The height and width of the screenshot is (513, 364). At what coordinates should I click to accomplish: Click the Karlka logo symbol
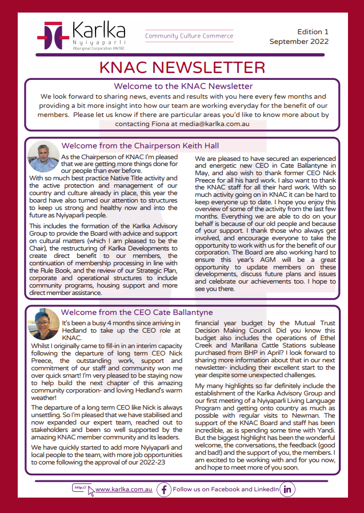53,35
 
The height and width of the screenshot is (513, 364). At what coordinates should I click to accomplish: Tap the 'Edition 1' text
313,32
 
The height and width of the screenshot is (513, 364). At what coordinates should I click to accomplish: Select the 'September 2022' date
299,42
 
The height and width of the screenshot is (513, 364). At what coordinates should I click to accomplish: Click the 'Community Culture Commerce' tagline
189,36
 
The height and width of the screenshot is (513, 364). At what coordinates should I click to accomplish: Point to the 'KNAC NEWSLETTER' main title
182,68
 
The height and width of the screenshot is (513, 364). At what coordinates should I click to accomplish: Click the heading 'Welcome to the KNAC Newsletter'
183,86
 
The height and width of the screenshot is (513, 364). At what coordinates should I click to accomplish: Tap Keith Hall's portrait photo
43,156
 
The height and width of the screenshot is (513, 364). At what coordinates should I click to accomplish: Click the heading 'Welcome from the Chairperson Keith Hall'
140,146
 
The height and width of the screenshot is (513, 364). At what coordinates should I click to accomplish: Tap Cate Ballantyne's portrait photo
43,324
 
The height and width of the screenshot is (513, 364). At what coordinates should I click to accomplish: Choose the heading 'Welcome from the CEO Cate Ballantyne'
137,313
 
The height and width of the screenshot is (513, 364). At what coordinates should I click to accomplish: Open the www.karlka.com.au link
123,490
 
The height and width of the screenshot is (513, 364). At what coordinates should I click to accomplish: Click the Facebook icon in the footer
164,490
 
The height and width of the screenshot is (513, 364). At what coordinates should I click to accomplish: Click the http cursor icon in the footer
83,490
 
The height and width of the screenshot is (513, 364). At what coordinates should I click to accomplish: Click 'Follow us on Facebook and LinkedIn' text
226,490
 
